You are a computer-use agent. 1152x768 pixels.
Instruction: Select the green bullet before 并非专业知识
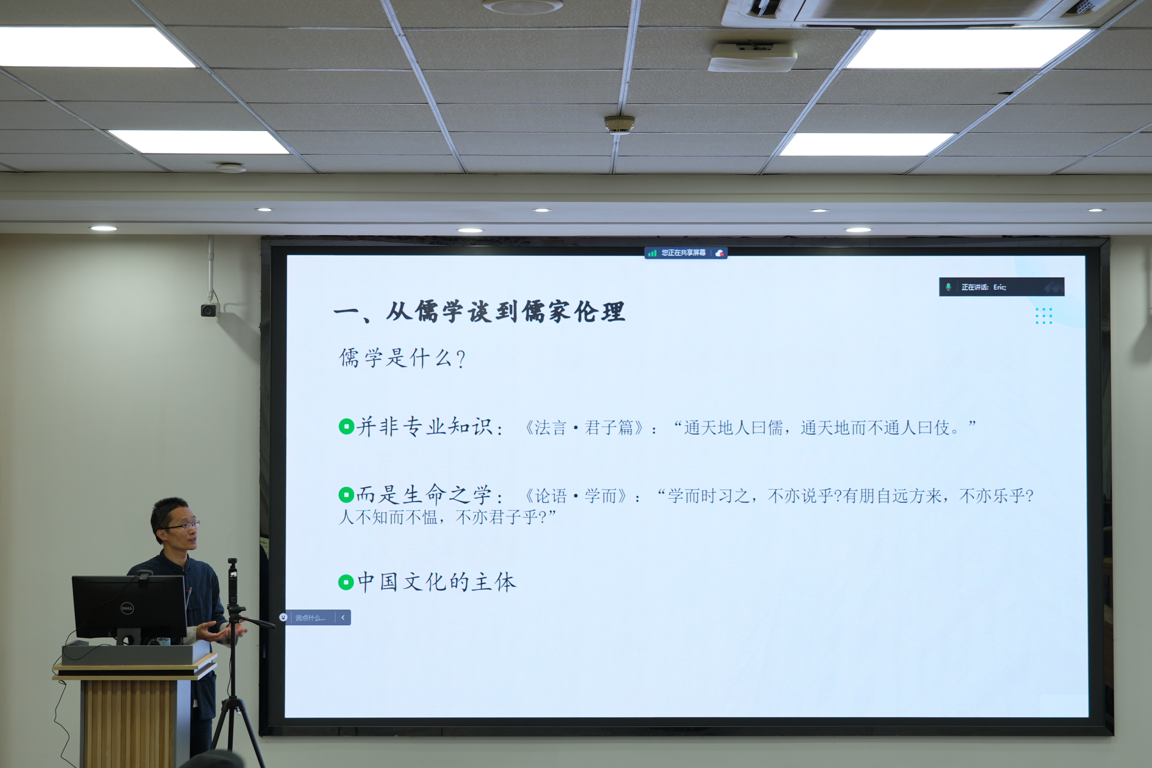pyautogui.click(x=346, y=426)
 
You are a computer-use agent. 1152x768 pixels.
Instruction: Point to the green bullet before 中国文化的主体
pyautogui.click(x=346, y=582)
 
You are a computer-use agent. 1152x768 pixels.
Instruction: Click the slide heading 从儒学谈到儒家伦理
pyautogui.click(x=505, y=311)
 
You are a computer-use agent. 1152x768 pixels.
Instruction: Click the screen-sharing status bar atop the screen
pyautogui.click(x=686, y=253)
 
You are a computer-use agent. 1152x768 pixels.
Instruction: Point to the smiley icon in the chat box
pyautogui.click(x=283, y=617)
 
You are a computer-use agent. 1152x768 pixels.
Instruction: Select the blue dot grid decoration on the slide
pyautogui.click(x=1044, y=316)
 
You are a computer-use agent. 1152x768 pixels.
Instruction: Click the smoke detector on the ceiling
pyautogui.click(x=619, y=124)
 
